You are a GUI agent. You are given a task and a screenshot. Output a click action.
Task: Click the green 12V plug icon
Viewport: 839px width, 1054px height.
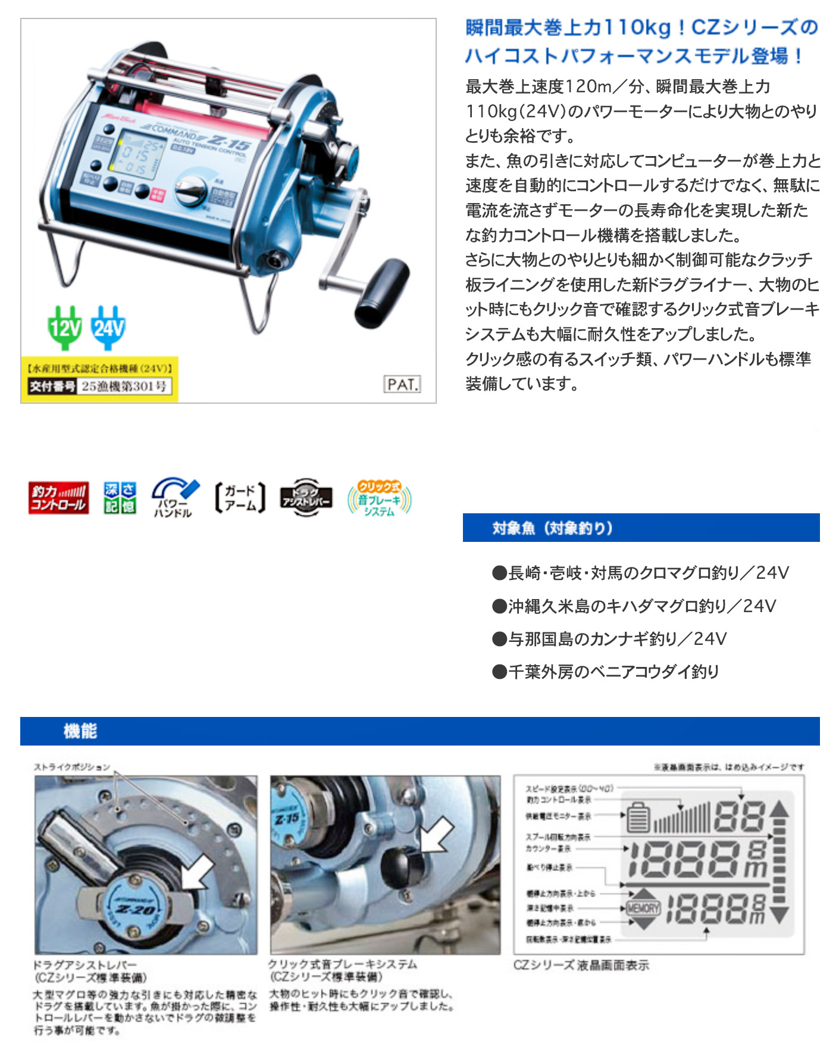pyautogui.click(x=64, y=327)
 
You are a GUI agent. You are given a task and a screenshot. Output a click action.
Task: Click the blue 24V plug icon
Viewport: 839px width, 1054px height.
pyautogui.click(x=108, y=327)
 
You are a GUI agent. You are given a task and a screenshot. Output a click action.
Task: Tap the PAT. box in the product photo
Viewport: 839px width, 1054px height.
pyautogui.click(x=402, y=384)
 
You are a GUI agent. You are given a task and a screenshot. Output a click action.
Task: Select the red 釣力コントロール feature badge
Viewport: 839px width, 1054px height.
pyautogui.click(x=58, y=498)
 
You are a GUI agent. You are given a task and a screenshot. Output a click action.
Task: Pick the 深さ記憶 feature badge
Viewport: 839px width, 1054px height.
pyautogui.click(x=120, y=498)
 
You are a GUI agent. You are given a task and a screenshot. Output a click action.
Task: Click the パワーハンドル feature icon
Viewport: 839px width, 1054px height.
pyautogui.click(x=174, y=498)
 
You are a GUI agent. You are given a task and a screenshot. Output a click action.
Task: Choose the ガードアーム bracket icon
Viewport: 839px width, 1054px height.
pyautogui.click(x=240, y=498)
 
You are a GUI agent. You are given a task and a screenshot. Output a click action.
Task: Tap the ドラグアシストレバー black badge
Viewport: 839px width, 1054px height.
pyautogui.click(x=306, y=498)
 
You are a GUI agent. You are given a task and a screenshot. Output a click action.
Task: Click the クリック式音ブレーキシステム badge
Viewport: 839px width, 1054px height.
pyautogui.click(x=379, y=498)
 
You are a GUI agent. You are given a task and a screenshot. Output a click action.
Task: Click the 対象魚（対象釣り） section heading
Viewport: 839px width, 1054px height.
pyautogui.click(x=552, y=528)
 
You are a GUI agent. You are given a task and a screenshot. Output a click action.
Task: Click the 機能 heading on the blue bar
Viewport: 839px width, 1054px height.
pyautogui.click(x=80, y=731)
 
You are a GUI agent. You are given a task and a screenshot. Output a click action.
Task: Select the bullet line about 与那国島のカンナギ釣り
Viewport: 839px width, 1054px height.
pyautogui.click(x=609, y=639)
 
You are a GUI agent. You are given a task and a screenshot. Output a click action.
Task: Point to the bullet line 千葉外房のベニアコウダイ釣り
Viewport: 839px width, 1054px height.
pyautogui.click(x=605, y=672)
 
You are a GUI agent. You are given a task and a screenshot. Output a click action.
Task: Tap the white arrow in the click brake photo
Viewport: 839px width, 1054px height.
pyautogui.click(x=436, y=835)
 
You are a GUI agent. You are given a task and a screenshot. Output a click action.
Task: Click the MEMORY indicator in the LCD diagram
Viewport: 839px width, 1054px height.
pyautogui.click(x=643, y=908)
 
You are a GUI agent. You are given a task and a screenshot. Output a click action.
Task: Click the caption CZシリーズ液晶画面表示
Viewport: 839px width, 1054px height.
pyautogui.click(x=581, y=965)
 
